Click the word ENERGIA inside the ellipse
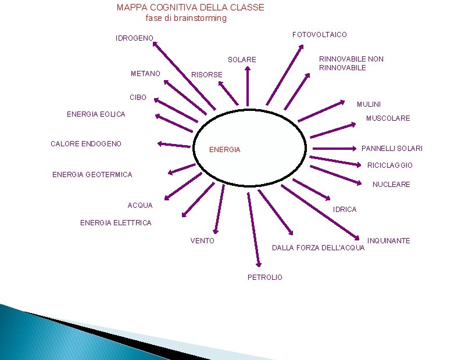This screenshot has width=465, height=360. (x=224, y=150)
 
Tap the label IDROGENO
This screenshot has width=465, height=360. (x=135, y=38)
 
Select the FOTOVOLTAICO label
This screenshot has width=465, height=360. (x=320, y=35)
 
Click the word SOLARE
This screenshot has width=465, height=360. (x=242, y=60)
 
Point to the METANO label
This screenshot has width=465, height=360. (x=145, y=74)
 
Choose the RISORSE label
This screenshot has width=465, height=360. (x=207, y=75)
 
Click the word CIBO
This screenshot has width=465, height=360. (x=138, y=98)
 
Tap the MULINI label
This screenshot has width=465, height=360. (x=369, y=105)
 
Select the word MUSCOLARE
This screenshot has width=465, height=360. (x=388, y=118)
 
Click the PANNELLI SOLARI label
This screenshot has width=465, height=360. (x=392, y=149)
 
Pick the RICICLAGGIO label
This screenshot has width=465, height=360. (x=390, y=165)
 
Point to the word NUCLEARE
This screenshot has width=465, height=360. (x=391, y=185)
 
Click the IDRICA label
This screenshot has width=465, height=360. (x=345, y=210)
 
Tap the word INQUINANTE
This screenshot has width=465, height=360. (x=389, y=241)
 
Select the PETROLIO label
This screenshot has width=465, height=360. (x=265, y=278)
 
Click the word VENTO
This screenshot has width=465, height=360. (x=202, y=241)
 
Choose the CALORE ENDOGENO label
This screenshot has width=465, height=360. (x=86, y=143)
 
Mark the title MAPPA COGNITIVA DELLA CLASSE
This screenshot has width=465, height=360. (x=190, y=8)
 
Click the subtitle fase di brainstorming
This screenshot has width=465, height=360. (x=186, y=18)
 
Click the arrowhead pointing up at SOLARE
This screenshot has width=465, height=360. (x=248, y=69)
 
